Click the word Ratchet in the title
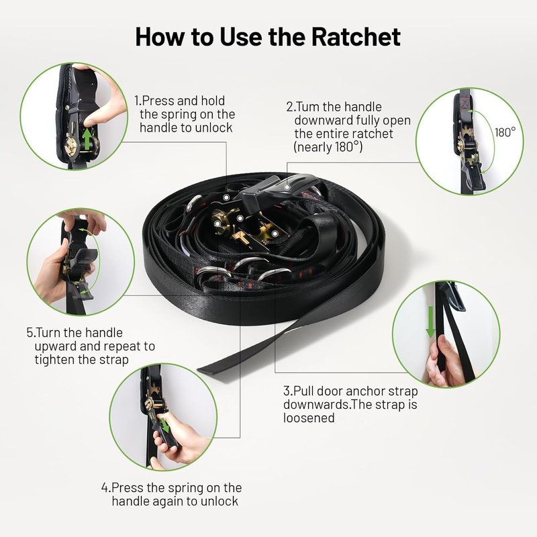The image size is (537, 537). coord(356,37)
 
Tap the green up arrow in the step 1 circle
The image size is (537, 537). coord(88,138)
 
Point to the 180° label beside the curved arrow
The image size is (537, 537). coord(505,132)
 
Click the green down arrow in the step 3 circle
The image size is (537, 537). coord(430,322)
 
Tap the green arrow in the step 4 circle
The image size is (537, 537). coord(165,426)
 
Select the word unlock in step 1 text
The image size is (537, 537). coord(213,128)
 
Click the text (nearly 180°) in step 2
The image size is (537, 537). coord(328,147)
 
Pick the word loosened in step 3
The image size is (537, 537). coord(309,418)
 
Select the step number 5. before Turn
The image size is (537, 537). coord(31,333)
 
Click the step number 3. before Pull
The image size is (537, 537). coord(288,391)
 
